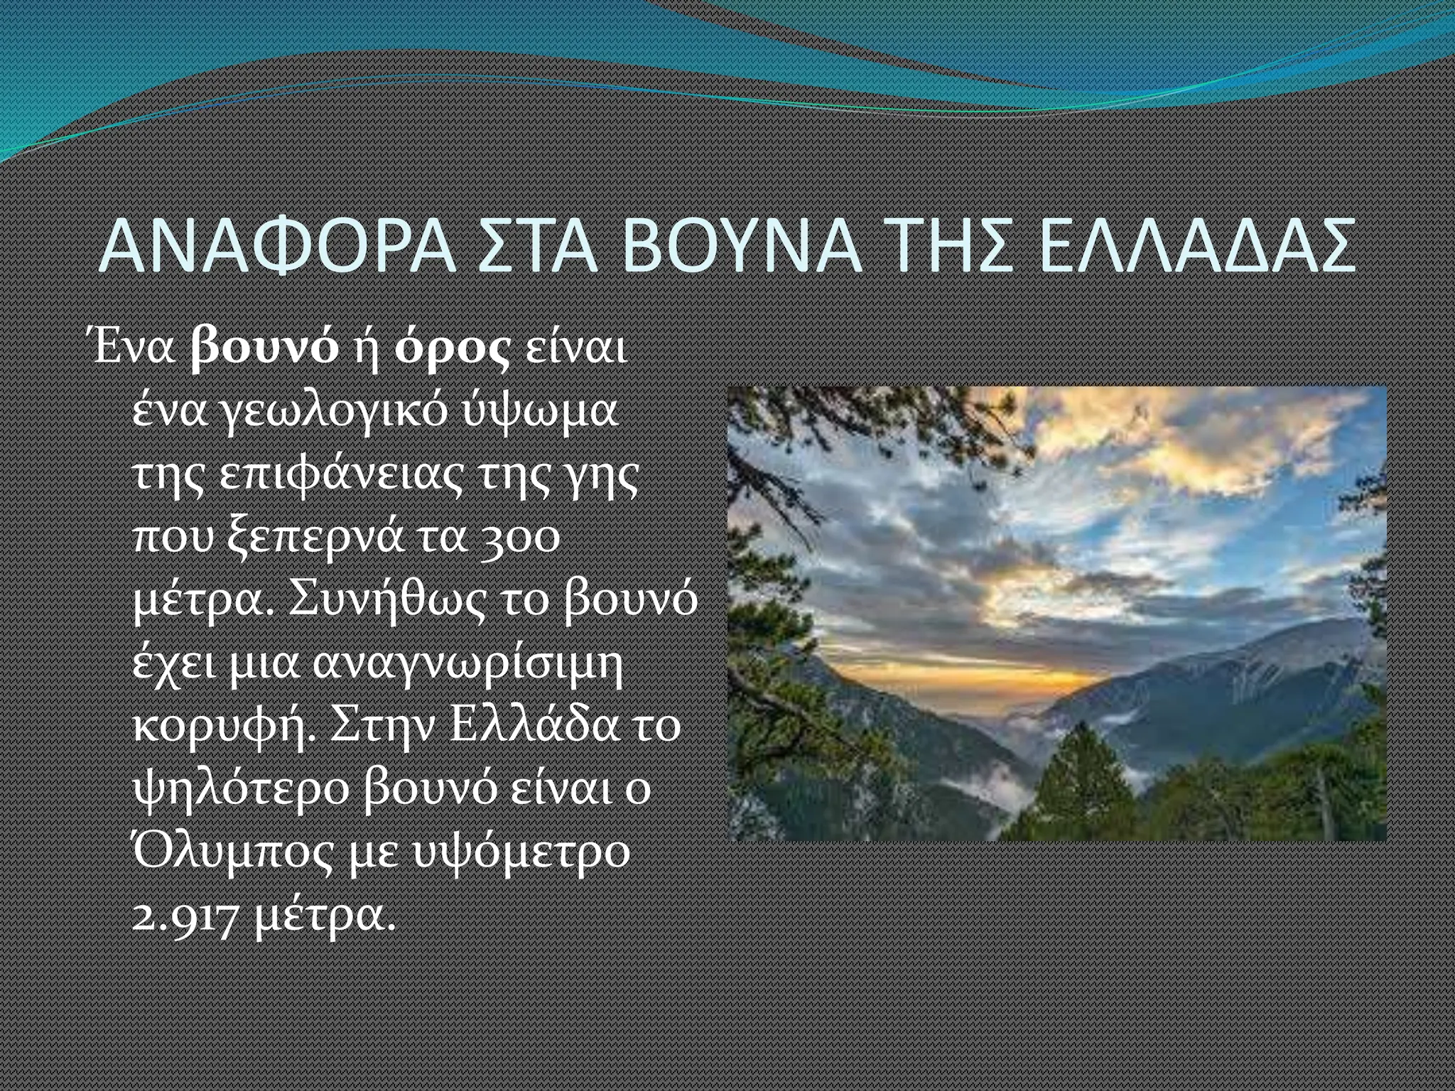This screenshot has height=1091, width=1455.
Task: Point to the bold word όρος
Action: pyautogui.click(x=453, y=350)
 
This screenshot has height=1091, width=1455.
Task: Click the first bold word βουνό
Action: pyautogui.click(x=265, y=350)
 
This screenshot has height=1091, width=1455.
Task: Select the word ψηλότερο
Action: pyautogui.click(x=242, y=789)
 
